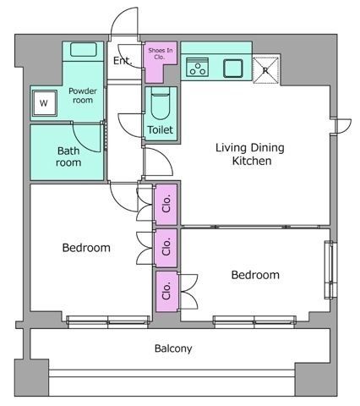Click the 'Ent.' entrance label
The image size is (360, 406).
coord(123,61)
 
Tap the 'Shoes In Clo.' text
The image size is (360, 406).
coord(161,54)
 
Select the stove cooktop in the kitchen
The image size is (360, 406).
coord(197,67)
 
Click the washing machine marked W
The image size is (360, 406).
coord(43,104)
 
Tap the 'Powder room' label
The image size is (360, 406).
coord(81,96)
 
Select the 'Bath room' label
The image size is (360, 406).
coord(69,157)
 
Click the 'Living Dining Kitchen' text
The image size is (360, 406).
coord(250,153)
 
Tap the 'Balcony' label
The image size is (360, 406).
coord(173,348)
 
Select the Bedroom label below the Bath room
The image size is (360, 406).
coord(87,248)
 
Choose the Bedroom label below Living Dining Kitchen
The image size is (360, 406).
coord(255,275)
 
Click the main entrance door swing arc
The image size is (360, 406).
coord(125,21)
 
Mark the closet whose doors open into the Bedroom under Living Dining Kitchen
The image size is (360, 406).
coord(166,291)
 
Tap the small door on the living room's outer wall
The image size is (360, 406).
coord(342,125)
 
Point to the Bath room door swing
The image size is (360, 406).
coord(91,135)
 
